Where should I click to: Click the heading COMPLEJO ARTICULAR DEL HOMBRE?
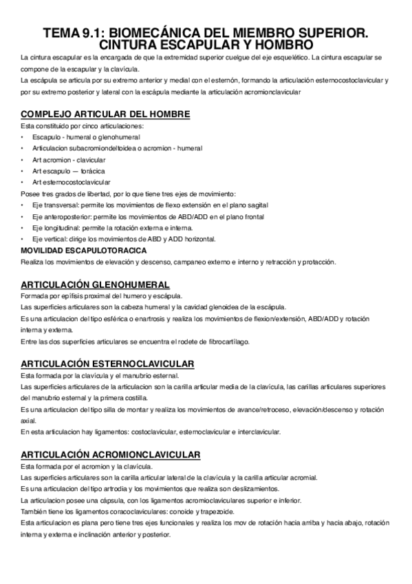pyautogui.click(x=105, y=114)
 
